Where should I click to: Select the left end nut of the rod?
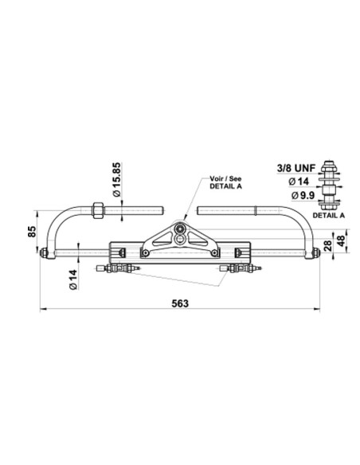click(x=45, y=255)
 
